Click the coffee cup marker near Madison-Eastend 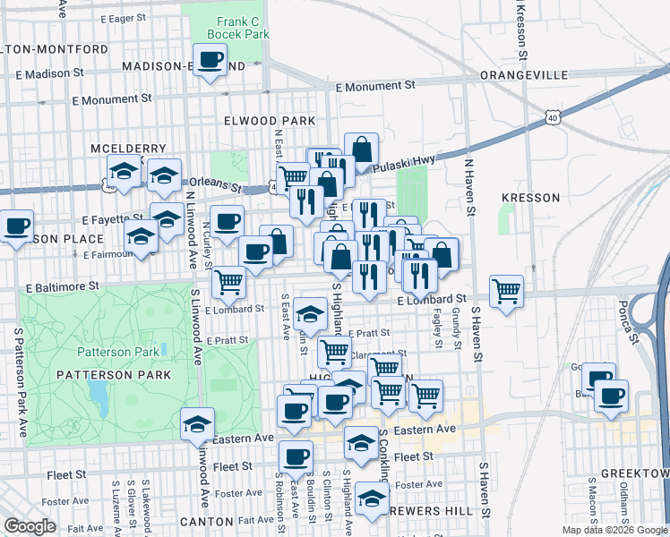coord(210,61)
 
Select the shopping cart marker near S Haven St coord(507,291)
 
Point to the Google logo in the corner coord(29,526)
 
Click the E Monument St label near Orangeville coord(375,86)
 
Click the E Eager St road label coord(123,18)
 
